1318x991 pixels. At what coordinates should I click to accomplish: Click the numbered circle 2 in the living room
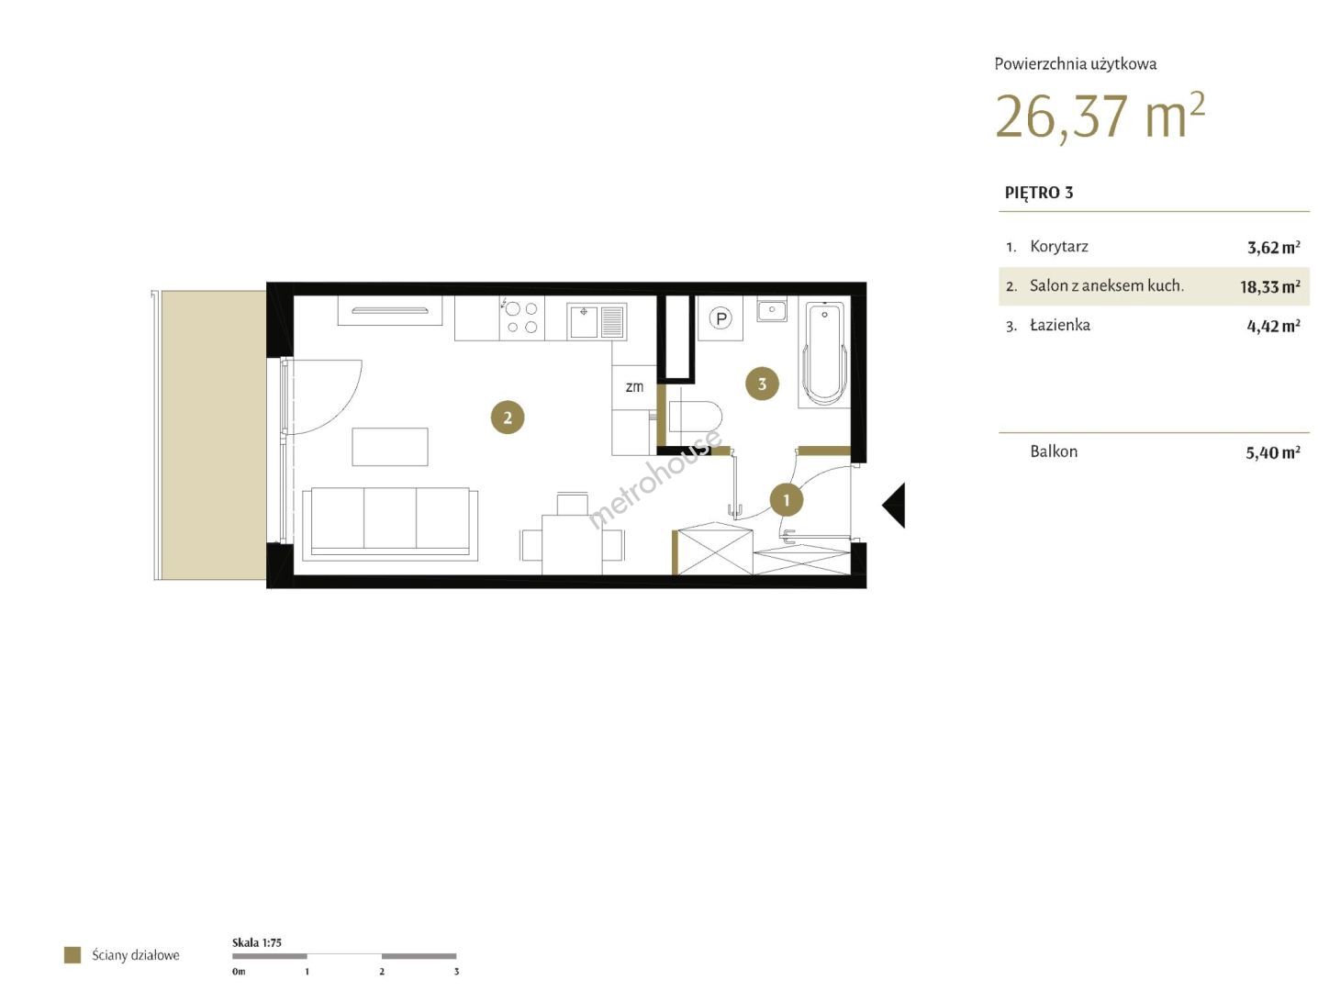508,418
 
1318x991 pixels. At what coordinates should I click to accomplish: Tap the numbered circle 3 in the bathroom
762,384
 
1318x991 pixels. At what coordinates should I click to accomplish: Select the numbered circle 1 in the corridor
786,499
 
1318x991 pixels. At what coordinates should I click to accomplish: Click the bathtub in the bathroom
824,353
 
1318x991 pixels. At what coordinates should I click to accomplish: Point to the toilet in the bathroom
695,416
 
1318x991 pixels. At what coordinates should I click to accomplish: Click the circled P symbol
720,318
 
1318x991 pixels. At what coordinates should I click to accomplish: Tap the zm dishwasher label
634,387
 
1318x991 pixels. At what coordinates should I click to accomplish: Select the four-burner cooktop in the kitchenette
522,318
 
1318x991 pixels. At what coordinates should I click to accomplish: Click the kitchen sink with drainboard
597,321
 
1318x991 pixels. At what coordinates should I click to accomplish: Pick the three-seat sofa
390,524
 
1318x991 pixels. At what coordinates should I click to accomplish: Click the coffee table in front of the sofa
390,447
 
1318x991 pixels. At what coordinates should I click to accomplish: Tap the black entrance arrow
893,505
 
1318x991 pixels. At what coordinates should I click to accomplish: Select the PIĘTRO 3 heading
1039,193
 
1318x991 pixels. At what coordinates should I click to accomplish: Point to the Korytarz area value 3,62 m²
1274,248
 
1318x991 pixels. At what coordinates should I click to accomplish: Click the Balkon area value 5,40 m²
1273,452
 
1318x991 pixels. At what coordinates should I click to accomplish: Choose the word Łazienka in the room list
1060,326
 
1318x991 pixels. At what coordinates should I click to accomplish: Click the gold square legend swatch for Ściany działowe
73,955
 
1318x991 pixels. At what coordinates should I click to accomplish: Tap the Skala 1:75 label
256,942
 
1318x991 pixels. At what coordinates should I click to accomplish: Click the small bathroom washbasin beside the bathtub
772,310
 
